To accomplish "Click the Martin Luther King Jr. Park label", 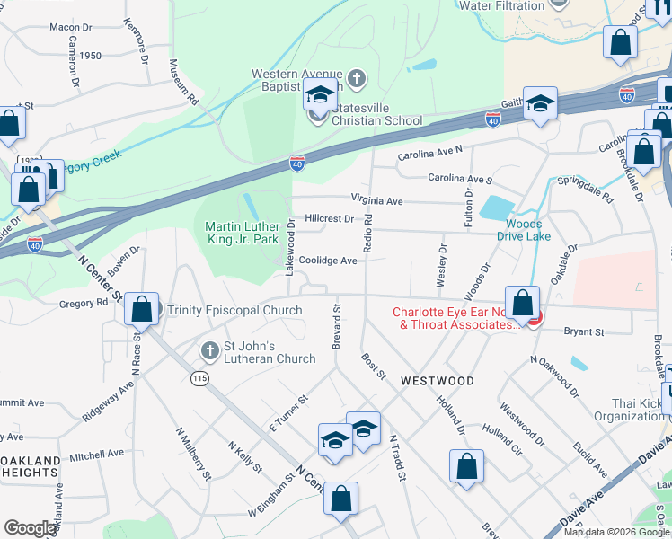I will pyautogui.click(x=243, y=234).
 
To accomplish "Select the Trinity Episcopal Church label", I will pyautogui.click(x=234, y=310).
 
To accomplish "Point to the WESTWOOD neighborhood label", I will pyautogui.click(x=438, y=381).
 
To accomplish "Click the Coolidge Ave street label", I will pyautogui.click(x=328, y=261).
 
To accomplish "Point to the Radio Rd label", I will pyautogui.click(x=367, y=234).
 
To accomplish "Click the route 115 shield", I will pyautogui.click(x=200, y=379).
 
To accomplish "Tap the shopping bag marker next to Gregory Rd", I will pyautogui.click(x=142, y=309).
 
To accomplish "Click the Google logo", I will pyautogui.click(x=29, y=528).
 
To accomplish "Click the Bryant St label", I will pyautogui.click(x=584, y=331).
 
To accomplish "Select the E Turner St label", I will pyautogui.click(x=287, y=411).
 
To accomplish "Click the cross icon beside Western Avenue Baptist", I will pyautogui.click(x=357, y=78).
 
